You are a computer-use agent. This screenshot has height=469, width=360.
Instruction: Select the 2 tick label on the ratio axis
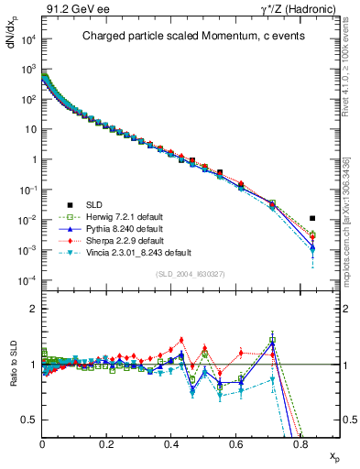click(x=34, y=309)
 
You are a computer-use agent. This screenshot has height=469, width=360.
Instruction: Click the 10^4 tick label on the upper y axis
click(x=27, y=38)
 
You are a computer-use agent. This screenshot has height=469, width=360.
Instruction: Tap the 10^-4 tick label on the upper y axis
click(x=27, y=279)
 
